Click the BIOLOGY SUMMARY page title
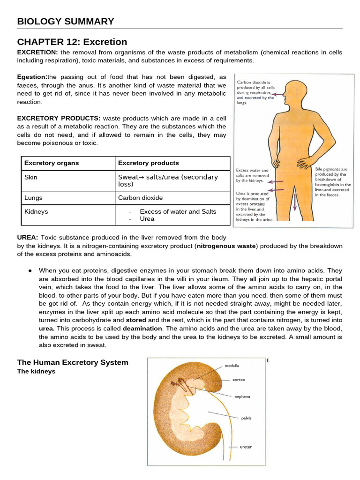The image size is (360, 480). click(65, 21)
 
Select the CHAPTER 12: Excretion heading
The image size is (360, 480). click(72, 42)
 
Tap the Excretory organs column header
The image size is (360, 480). click(52, 163)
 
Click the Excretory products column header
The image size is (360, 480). click(148, 163)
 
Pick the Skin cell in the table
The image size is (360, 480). click(31, 177)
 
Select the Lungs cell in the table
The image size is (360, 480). click(33, 198)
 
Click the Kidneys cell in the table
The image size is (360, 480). click(36, 212)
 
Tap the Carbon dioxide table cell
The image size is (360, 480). click(140, 198)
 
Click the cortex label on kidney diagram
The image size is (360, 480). click(239, 380)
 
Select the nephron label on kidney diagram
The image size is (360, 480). click(242, 397)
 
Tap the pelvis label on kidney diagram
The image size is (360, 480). click(247, 418)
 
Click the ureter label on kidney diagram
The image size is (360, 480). click(246, 447)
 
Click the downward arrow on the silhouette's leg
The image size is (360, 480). click(295, 202)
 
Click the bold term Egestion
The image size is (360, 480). click(32, 77)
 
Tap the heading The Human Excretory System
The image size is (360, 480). click(72, 362)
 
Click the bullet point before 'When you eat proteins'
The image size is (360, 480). click(30, 271)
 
